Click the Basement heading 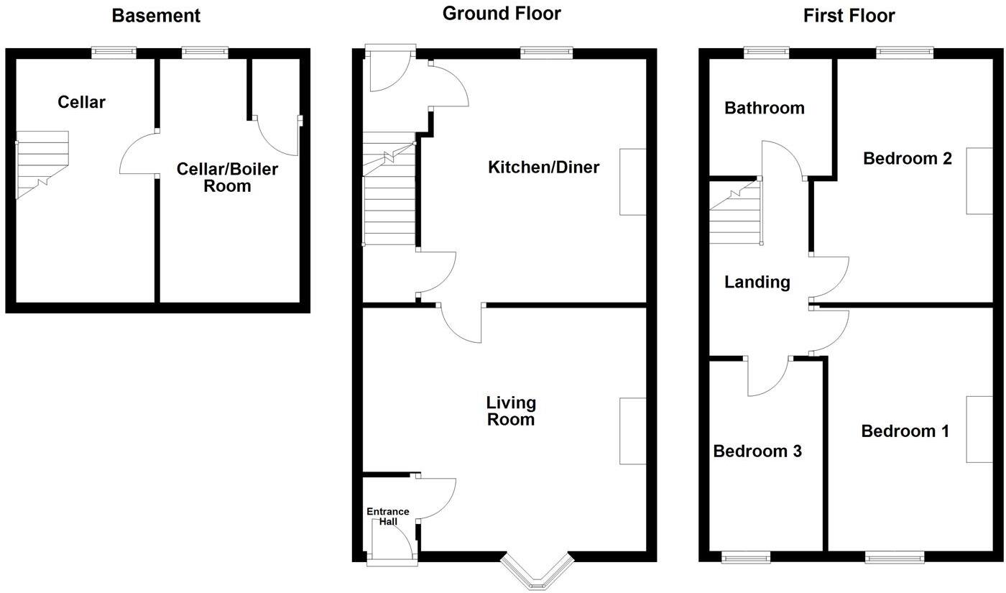pos(156,15)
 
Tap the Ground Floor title pos(502,13)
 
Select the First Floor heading pos(849,15)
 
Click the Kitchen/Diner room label pos(543,167)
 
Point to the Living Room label pos(511,411)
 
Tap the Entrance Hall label pos(388,516)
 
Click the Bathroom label pos(764,108)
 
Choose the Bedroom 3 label pos(757,451)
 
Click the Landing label pos(757,282)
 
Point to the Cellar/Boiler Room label pos(227,178)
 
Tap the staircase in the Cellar pos(42,164)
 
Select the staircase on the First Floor pos(735,213)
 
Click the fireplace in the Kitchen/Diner pos(632,182)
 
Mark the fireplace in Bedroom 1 pos(978,428)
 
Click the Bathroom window pos(766,52)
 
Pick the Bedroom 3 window pos(746,557)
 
